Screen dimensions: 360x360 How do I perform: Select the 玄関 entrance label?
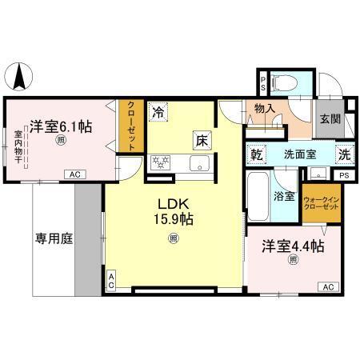(x=328, y=118)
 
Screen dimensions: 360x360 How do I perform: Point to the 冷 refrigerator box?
(x=159, y=113)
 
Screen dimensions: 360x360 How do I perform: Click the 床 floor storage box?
(x=201, y=140)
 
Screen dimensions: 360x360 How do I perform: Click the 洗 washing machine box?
(x=343, y=154)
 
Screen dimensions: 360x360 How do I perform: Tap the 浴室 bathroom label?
(x=286, y=195)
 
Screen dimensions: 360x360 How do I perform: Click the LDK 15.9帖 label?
(x=173, y=210)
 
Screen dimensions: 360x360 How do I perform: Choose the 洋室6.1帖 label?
(x=61, y=126)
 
